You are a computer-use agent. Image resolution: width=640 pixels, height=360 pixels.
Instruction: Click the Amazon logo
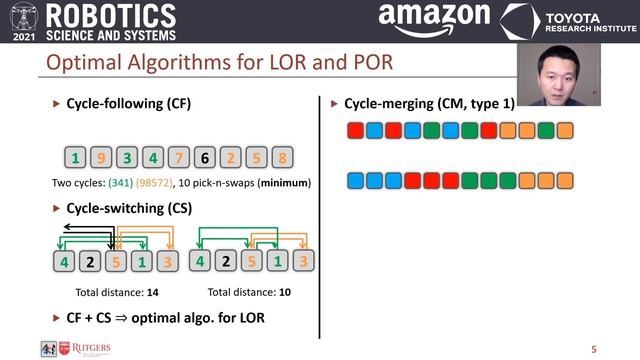pos(433,20)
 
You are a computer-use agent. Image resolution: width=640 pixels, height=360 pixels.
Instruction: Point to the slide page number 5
pos(594,349)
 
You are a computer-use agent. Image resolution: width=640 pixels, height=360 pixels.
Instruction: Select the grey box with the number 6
pos(204,158)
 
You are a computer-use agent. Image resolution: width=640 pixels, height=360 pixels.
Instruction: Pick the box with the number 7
pos(178,158)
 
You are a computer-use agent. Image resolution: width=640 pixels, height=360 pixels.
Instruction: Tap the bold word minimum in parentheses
pos(284,183)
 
